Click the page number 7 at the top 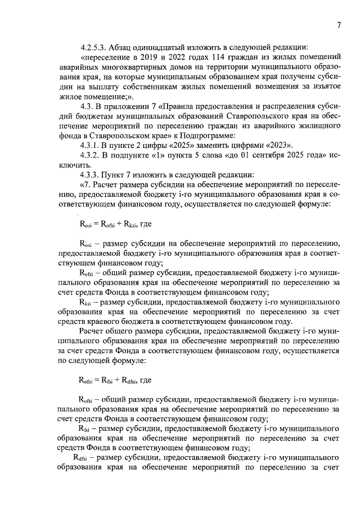point(339,25)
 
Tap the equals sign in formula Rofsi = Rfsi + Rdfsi point(97,380)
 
